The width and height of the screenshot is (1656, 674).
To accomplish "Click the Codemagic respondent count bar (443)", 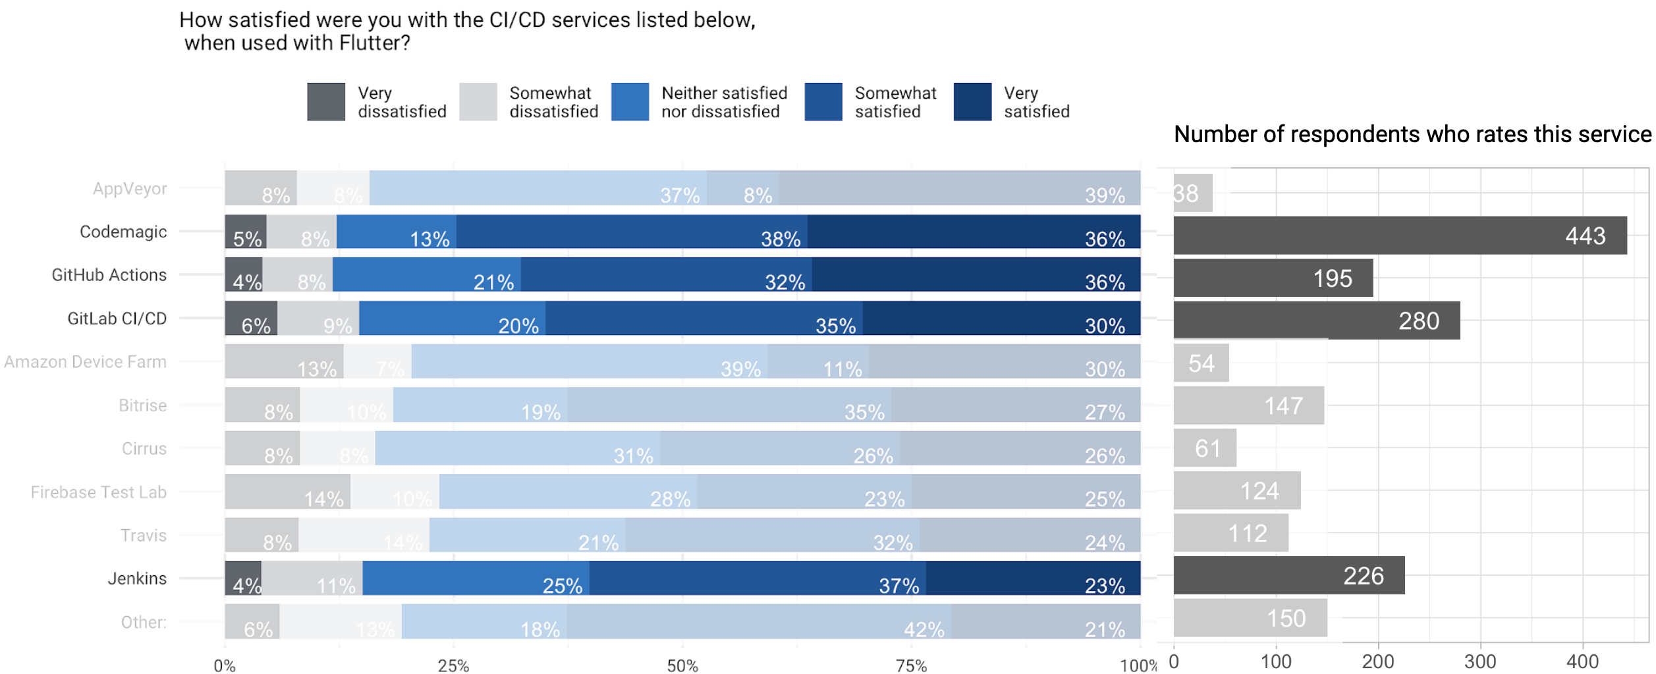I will [x=1399, y=235].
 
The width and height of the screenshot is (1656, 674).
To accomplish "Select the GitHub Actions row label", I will [x=109, y=275].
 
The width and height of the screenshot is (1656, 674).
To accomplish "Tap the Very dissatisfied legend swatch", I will [x=325, y=102].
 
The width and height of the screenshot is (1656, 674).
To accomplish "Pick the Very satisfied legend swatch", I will [x=972, y=102].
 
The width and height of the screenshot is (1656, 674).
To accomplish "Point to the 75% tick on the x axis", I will [x=911, y=665].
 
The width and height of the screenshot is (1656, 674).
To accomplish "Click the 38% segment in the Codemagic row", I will [x=631, y=232].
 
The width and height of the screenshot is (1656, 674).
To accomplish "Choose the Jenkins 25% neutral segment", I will [x=476, y=578].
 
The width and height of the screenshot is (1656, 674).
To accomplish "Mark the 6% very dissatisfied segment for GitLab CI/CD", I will [x=251, y=318].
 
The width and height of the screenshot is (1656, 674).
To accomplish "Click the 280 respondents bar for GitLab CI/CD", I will [x=1316, y=321].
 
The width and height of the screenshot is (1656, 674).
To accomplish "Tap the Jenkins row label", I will [x=137, y=579].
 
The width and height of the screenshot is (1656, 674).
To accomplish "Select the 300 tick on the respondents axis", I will [x=1479, y=661].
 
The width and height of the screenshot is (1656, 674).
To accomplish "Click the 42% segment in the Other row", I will [x=758, y=621].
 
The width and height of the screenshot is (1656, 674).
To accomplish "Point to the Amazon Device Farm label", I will [x=85, y=362].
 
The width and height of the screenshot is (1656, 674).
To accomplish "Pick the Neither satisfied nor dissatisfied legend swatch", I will [x=630, y=102].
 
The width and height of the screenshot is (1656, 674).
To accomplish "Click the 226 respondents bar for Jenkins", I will [x=1288, y=575].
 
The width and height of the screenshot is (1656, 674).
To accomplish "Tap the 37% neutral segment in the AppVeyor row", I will [x=538, y=188].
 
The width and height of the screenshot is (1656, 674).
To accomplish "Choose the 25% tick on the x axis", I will [x=453, y=665].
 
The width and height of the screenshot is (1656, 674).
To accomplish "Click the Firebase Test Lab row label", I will [x=98, y=492].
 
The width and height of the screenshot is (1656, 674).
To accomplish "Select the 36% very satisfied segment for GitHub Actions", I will [x=976, y=274].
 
